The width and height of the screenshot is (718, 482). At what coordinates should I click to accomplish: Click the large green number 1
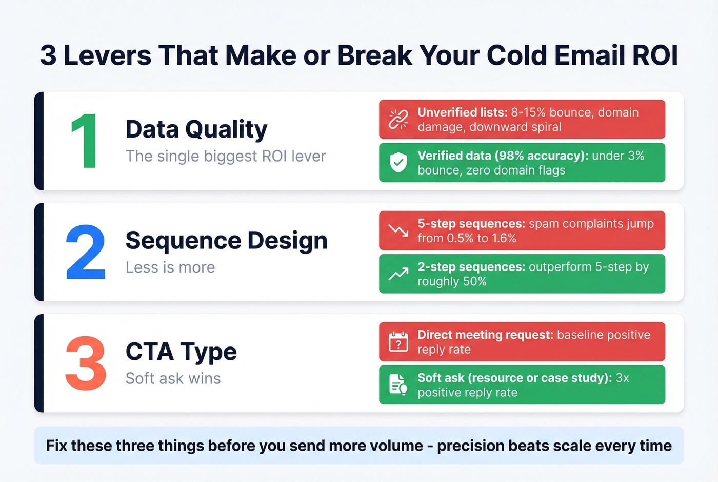[x=85, y=141]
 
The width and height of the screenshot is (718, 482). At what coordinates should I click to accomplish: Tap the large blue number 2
[x=86, y=253]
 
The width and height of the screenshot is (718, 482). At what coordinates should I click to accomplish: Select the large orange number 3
[x=86, y=363]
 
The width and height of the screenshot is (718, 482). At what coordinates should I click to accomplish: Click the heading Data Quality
[x=196, y=129]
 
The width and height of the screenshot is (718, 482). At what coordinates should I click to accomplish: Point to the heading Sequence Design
[x=226, y=240]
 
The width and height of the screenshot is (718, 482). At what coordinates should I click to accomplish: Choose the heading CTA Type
[x=181, y=352]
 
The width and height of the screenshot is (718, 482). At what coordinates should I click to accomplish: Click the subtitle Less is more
[x=170, y=267]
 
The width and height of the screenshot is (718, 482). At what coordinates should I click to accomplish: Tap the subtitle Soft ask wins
[x=173, y=378]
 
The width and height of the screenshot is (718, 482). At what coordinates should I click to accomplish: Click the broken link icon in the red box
[x=398, y=119]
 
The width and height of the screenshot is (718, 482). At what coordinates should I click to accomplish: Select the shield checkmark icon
[x=398, y=163]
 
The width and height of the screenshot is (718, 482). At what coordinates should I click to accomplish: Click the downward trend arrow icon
[x=398, y=230]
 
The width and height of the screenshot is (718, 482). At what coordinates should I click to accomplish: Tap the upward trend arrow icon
[x=398, y=274]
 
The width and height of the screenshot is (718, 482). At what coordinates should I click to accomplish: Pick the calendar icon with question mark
[x=398, y=342]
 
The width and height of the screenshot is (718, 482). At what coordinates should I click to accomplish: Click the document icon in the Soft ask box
[x=398, y=385]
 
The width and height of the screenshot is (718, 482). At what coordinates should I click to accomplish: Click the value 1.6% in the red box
[x=504, y=238]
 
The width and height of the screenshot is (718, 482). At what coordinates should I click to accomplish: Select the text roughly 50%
[x=452, y=281]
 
